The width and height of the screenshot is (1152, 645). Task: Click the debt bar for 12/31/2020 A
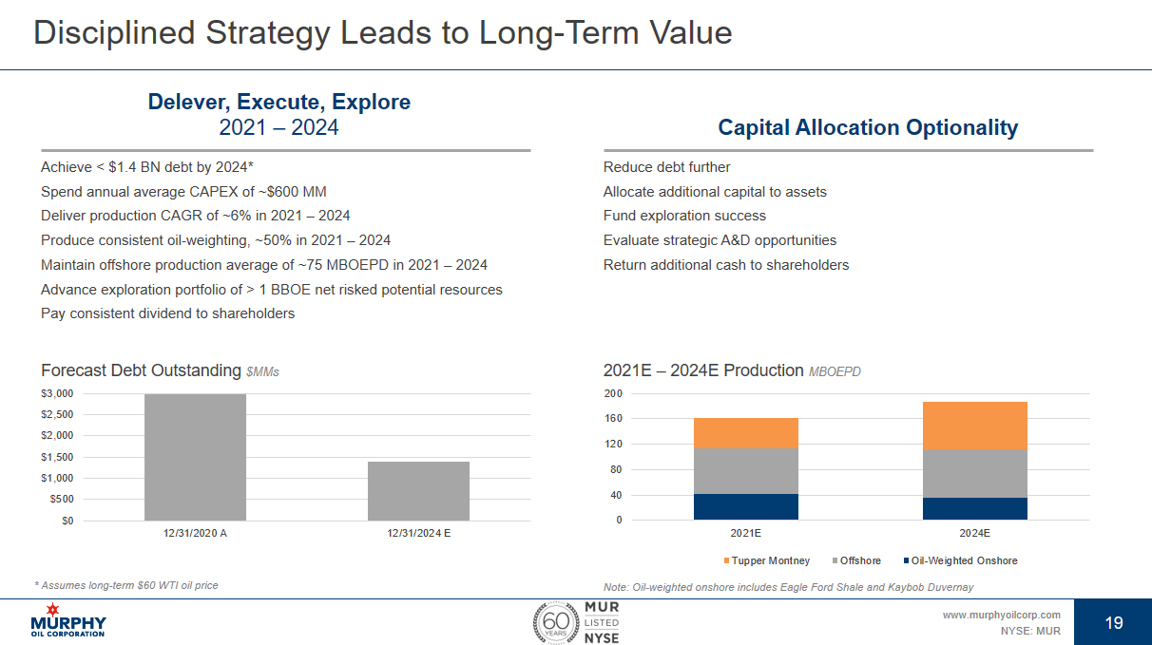[x=195, y=457]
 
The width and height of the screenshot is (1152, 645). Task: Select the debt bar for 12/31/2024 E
[x=418, y=491]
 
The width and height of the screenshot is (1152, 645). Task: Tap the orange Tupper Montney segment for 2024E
[x=974, y=426]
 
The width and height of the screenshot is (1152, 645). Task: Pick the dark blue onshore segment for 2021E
[x=745, y=506]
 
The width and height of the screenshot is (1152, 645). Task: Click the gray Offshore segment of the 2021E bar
[x=745, y=470]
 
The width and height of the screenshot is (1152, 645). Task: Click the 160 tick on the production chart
[x=613, y=419]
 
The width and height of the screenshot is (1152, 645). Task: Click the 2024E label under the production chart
[x=974, y=534]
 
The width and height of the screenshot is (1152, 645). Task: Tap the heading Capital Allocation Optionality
[x=868, y=127]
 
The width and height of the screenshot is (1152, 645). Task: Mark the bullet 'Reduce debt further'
[x=666, y=167]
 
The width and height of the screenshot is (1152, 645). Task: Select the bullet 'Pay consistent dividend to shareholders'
[x=167, y=313]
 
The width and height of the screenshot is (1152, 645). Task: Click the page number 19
[x=1114, y=623]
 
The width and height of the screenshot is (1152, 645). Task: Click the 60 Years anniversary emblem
[x=553, y=622]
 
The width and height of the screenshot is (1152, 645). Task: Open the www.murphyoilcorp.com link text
[x=1001, y=615]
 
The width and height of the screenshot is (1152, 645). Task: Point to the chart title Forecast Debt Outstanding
[x=141, y=370]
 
